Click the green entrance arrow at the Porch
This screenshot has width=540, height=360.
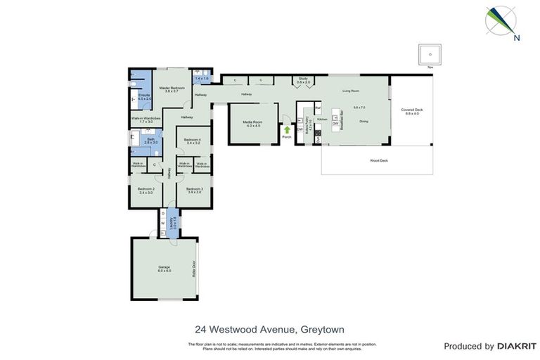click(x=287, y=129)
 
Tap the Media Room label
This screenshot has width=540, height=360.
click(x=253, y=124)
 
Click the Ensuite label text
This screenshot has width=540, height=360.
click(x=143, y=96)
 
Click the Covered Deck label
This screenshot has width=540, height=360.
click(x=410, y=111)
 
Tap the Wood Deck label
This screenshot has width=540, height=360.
click(x=379, y=160)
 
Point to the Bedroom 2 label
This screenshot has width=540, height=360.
click(x=146, y=189)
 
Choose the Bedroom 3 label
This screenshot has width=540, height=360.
click(x=194, y=189)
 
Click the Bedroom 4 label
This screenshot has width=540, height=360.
click(x=192, y=141)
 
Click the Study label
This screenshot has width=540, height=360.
click(x=303, y=79)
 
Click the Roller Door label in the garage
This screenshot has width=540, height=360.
click(x=191, y=269)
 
